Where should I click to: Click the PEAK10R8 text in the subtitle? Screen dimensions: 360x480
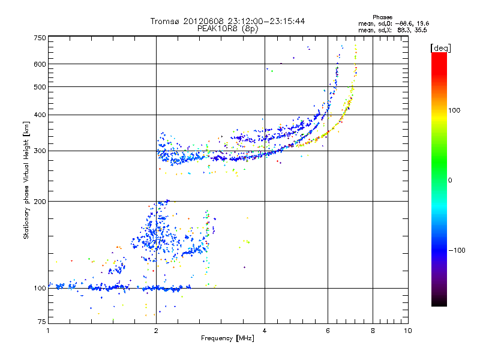tap(215, 28)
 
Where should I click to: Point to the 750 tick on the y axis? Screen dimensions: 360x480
tap(40, 38)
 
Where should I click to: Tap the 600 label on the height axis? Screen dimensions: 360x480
tap(40, 64)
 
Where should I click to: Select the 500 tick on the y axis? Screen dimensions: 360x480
tap(40, 87)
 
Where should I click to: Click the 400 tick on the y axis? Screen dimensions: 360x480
tap(40, 115)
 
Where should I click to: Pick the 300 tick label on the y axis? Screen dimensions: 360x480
tap(40, 151)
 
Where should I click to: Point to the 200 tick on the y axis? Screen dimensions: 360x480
tap(40, 201)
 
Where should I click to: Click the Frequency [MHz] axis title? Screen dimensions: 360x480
tap(227, 339)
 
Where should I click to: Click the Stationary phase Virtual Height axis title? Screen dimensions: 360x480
tap(26, 180)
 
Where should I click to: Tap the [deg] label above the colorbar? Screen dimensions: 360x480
tap(440, 47)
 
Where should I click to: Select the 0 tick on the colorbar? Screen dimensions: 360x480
tap(451, 180)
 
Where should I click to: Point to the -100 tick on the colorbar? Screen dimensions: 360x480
tap(457, 250)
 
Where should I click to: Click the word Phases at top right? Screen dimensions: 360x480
tap(382, 17)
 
